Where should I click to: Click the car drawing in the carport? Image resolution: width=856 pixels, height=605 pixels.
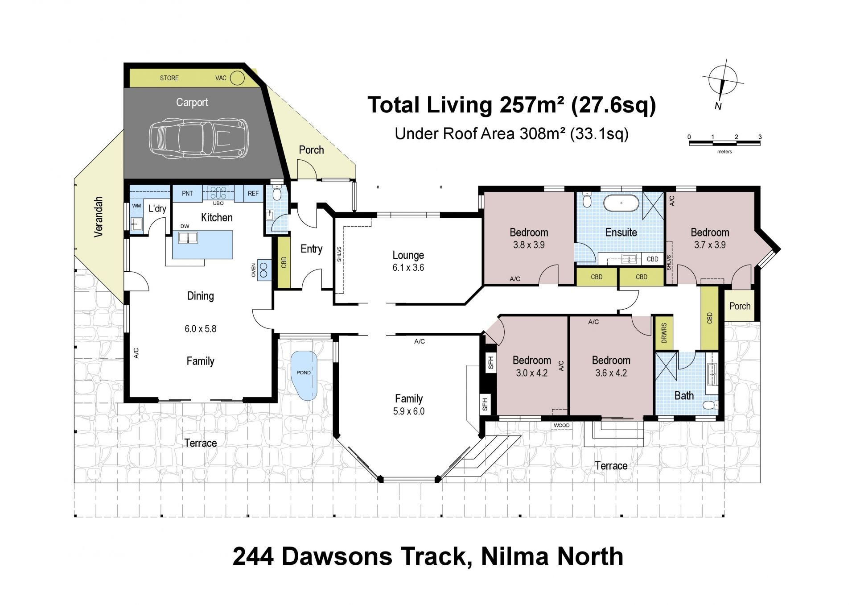point(198,138)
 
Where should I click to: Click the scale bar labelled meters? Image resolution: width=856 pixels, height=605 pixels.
point(724,143)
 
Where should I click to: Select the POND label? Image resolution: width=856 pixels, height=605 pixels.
point(304,373)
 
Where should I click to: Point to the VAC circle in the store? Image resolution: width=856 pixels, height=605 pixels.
point(238,79)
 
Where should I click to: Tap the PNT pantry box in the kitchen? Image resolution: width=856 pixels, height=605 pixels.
point(187,193)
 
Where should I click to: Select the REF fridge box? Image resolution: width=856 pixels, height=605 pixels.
point(253,193)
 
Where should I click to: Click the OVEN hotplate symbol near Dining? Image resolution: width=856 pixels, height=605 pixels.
point(264,270)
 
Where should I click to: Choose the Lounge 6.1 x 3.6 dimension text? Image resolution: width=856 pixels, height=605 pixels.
point(408,268)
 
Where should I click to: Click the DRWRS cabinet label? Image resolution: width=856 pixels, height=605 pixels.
point(664,333)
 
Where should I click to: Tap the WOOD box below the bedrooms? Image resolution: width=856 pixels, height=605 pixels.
point(561,425)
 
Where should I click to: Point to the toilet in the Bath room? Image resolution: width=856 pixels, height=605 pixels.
point(710,405)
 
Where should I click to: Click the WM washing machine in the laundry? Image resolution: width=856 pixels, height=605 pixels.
point(136,206)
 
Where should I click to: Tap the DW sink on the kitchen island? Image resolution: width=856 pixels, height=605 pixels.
point(188,237)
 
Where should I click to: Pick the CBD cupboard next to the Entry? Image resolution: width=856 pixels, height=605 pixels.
point(284,262)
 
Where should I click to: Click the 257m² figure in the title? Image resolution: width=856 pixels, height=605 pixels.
point(533,105)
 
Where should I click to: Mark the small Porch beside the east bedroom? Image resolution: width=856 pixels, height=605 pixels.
point(740,306)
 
